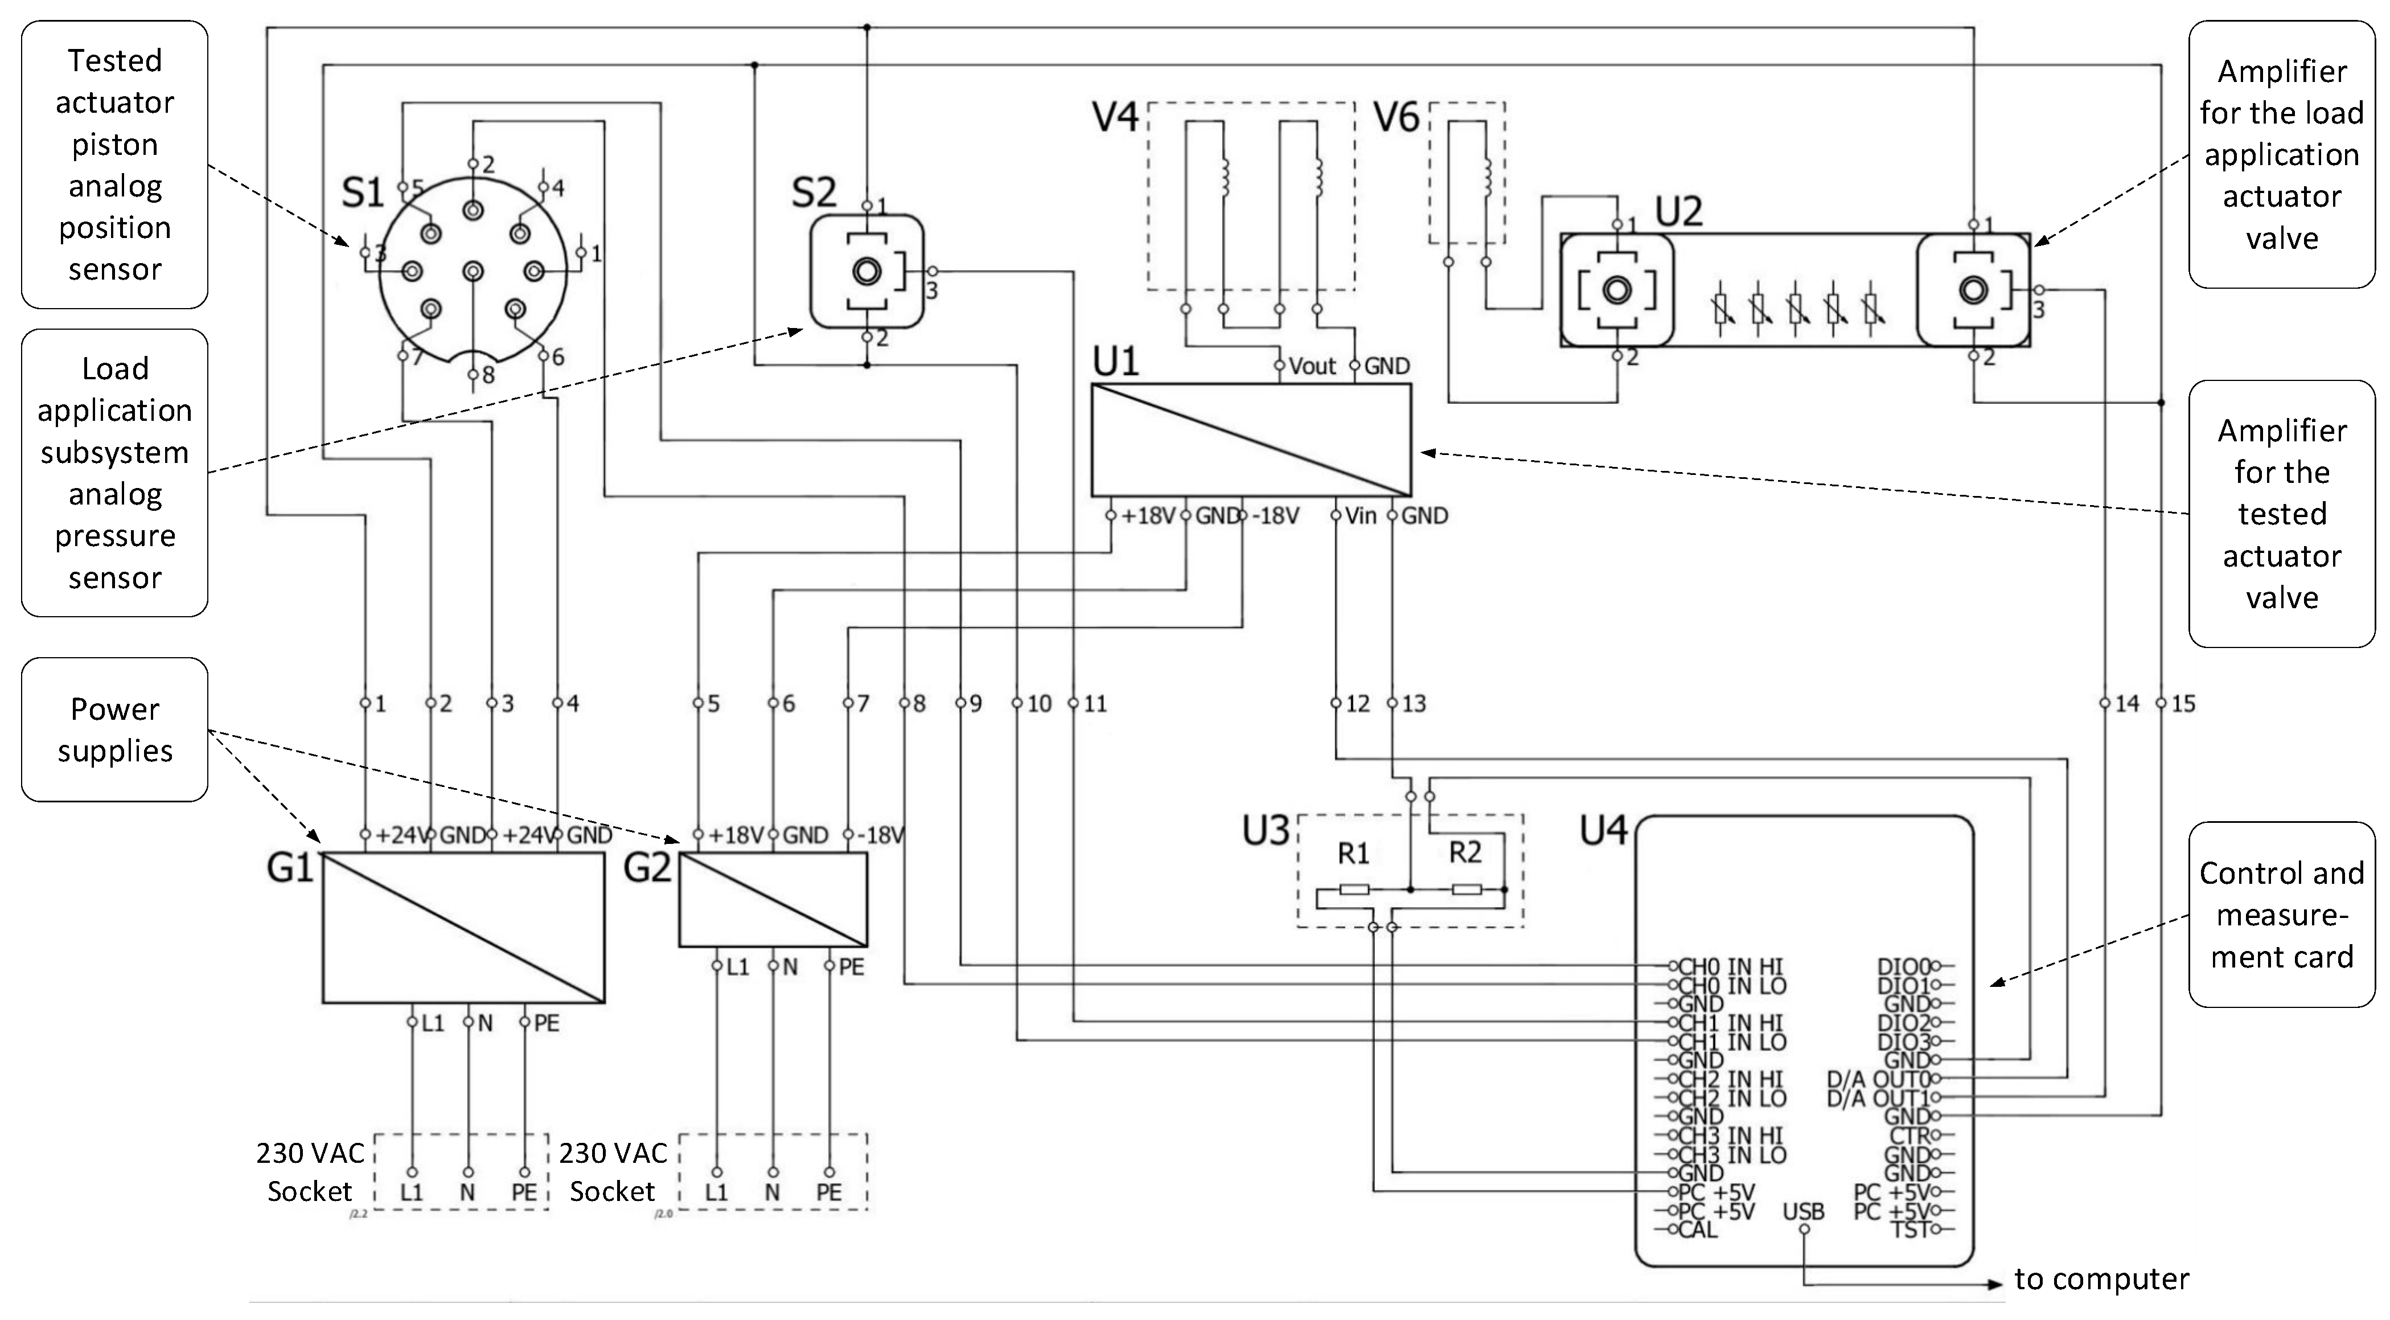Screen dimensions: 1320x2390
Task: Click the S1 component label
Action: [362, 193]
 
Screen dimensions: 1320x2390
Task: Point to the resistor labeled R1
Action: [1354, 889]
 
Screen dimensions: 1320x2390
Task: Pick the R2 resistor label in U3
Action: [1465, 852]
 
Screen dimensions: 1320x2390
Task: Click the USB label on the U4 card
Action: [1802, 1211]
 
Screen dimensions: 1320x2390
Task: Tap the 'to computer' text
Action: [2101, 1279]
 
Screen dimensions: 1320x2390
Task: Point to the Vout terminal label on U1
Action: [1312, 366]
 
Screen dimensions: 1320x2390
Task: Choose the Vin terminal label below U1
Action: [1360, 515]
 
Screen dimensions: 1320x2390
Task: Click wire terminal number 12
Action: [1357, 704]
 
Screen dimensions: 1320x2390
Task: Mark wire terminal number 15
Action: [2183, 704]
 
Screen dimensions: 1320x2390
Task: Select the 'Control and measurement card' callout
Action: [2281, 915]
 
